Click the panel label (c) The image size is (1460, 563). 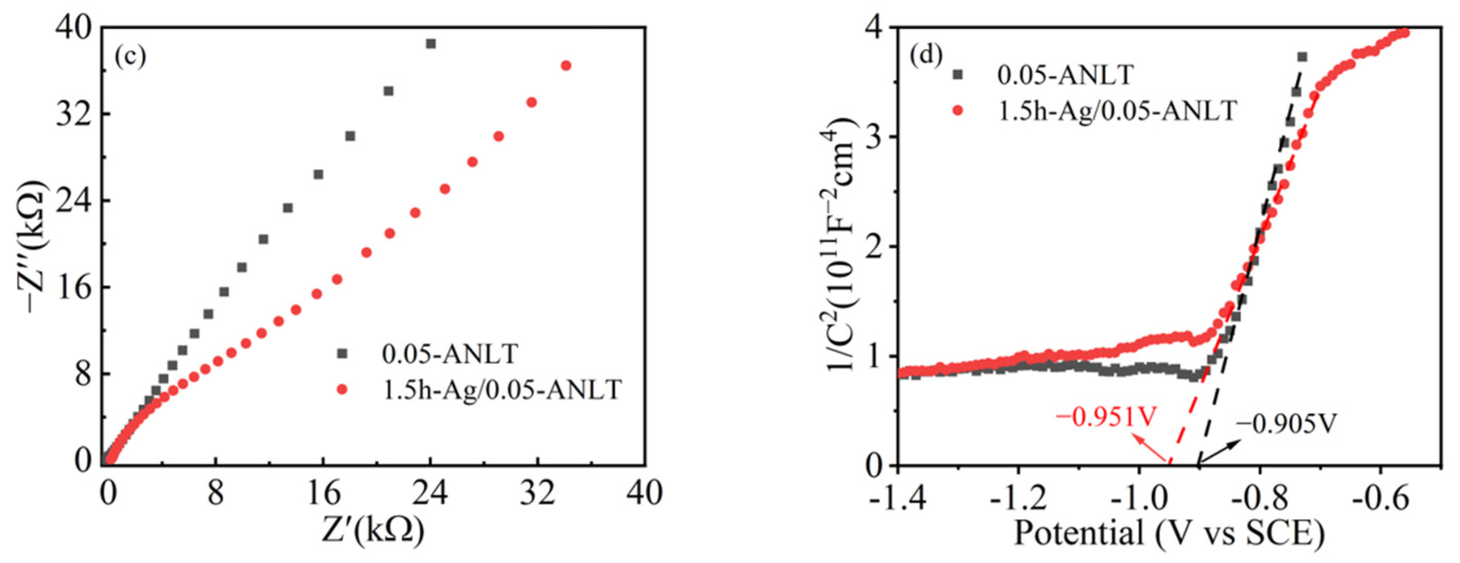(x=130, y=57)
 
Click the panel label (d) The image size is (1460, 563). (x=926, y=55)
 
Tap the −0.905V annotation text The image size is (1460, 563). (x=1285, y=424)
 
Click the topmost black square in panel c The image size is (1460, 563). (x=431, y=44)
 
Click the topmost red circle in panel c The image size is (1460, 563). (x=566, y=66)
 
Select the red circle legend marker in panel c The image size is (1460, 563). (x=342, y=390)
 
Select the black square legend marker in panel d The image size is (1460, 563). (x=958, y=74)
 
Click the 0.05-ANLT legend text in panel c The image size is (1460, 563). (x=450, y=354)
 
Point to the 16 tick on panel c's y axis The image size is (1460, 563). (x=74, y=288)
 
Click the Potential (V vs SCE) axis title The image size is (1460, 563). (x=1169, y=533)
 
